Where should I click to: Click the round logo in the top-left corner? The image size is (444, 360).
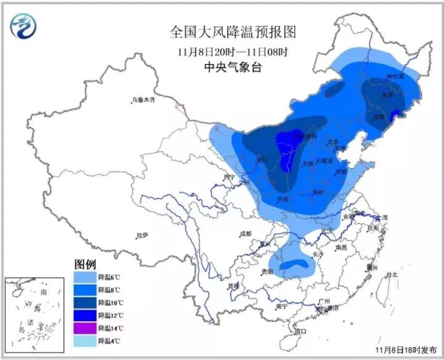click(23, 25)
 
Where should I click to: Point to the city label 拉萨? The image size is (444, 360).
click(142, 235)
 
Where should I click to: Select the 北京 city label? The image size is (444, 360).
click(334, 141)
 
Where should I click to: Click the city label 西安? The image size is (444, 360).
click(283, 200)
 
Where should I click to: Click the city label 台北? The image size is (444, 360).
click(392, 275)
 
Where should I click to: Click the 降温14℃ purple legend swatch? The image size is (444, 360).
click(85, 328)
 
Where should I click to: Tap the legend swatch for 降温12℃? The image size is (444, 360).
click(85, 315)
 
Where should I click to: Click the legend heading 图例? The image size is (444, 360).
click(86, 264)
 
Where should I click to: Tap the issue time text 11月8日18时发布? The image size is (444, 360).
click(404, 350)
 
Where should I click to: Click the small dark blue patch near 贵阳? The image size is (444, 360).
click(294, 266)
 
